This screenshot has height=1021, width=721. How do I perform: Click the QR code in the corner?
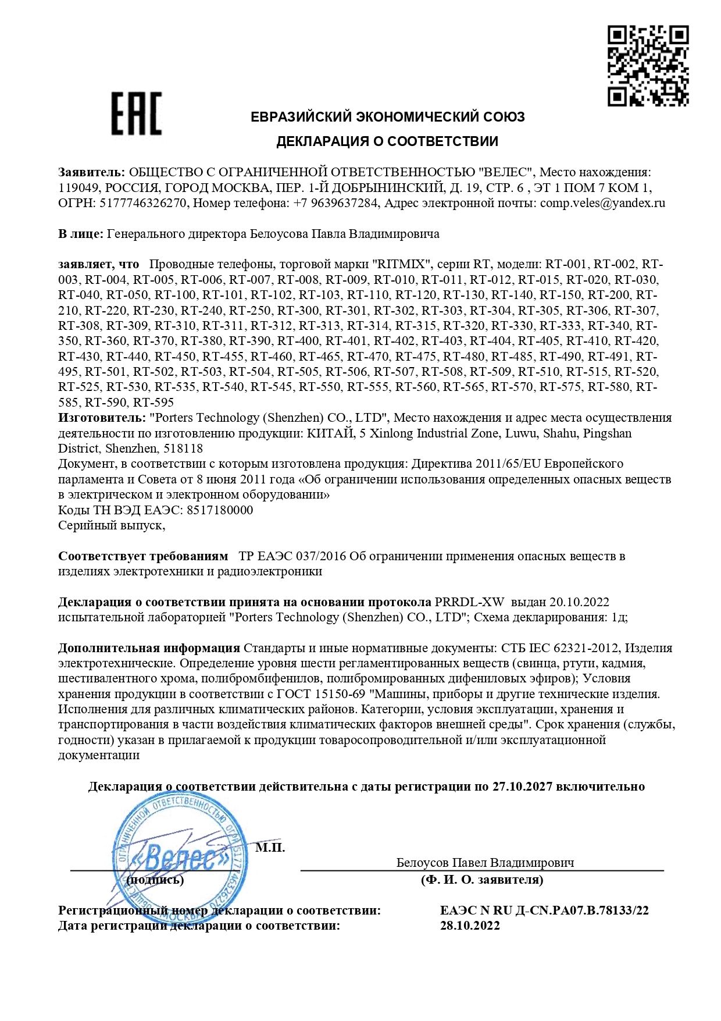pos(648,66)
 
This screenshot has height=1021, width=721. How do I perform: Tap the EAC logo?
pos(137,114)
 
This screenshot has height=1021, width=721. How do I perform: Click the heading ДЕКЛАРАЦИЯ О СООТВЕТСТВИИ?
pos(387,141)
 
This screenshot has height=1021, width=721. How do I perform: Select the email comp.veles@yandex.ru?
pos(602,203)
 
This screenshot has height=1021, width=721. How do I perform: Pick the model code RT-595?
pos(154,403)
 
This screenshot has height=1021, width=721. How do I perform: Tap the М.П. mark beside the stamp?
pos(270,848)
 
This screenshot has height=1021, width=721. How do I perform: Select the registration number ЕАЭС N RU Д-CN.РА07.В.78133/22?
pos(544,910)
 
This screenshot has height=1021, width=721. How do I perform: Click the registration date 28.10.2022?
pos(470,926)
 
